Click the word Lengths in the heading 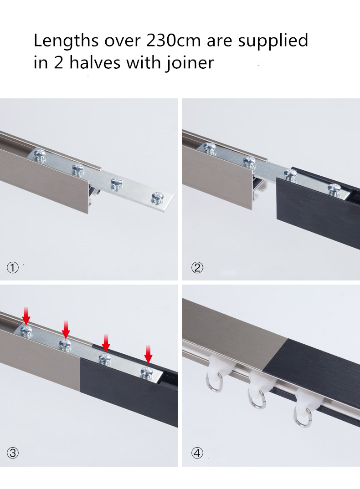[66, 41]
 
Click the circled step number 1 [13, 268]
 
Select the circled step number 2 [197, 268]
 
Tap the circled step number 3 [13, 453]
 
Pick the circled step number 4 [197, 453]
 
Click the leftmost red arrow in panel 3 [26, 315]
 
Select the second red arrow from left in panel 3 [66, 327]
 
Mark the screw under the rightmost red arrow [147, 372]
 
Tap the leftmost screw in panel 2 [210, 148]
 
